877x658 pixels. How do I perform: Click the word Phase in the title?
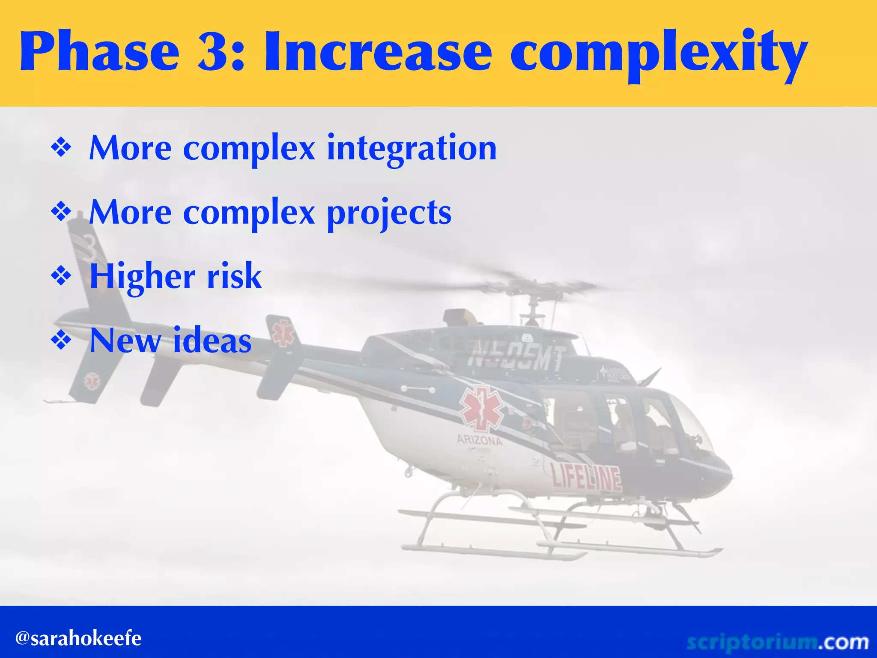99,52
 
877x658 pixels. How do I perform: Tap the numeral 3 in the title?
215,52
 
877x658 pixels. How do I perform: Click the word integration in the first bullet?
412,148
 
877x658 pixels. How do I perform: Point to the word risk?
234,276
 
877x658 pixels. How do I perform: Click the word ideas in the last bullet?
212,341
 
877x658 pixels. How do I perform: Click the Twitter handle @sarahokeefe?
78,638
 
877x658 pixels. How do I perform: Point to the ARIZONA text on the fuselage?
479,440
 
